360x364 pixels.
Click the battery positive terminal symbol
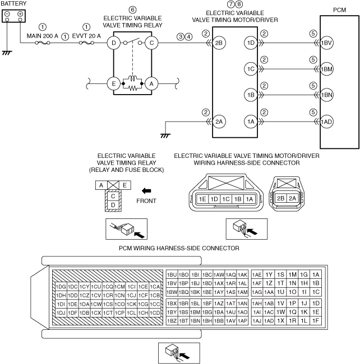[20, 13]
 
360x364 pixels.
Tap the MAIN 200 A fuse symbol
[42, 43]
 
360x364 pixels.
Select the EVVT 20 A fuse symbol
[86, 43]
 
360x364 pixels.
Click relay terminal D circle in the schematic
[114, 43]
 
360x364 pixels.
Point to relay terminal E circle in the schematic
[114, 83]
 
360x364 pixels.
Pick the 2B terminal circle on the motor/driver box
[219, 43]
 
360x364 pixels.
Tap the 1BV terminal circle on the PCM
[326, 43]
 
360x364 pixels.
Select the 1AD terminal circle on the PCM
[326, 122]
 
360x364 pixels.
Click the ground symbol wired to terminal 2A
[165, 136]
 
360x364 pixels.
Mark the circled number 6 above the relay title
[132, 10]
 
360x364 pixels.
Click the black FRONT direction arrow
[146, 191]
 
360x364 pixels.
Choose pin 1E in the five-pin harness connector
[202, 199]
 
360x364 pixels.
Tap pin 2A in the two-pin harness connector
[292, 198]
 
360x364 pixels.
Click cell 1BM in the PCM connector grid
[195, 312]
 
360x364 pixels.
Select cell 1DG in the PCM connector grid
[61, 287]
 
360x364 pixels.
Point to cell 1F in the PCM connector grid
[316, 321]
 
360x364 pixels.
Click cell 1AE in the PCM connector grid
[257, 275]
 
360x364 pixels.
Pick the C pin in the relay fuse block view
[113, 196]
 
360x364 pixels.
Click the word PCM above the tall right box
[340, 10]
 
